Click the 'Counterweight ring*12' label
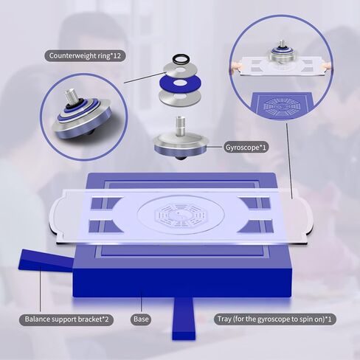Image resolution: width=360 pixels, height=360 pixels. point(84,56)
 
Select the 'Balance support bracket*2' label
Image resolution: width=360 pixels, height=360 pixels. point(66,319)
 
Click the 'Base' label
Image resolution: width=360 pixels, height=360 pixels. point(142,319)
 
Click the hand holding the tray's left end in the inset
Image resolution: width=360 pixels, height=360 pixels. point(238,67)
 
